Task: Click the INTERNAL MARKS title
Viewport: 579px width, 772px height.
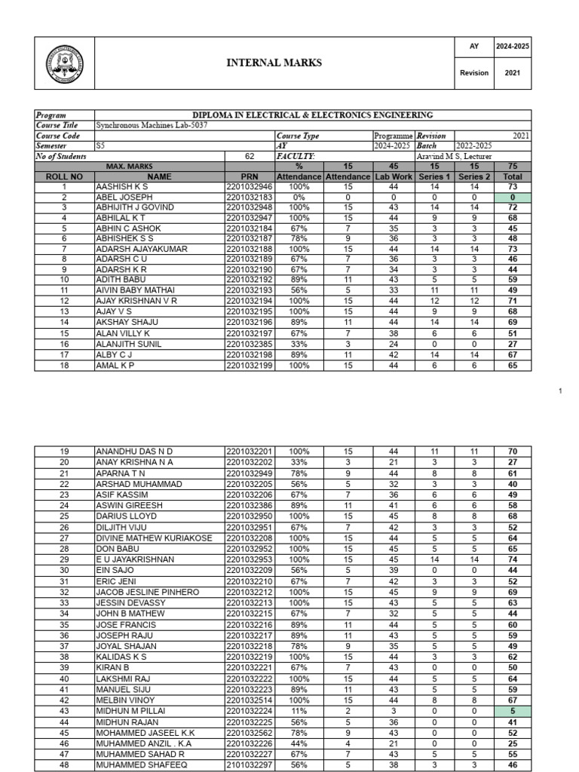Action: (x=274, y=63)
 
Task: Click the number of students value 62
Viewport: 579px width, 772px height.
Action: (x=250, y=156)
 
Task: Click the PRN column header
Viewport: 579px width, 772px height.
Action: (x=250, y=176)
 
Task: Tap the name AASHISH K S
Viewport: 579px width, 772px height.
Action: (x=121, y=185)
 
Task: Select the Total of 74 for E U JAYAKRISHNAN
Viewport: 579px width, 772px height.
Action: (x=513, y=560)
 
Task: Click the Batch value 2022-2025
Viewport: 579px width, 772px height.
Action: (x=473, y=146)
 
